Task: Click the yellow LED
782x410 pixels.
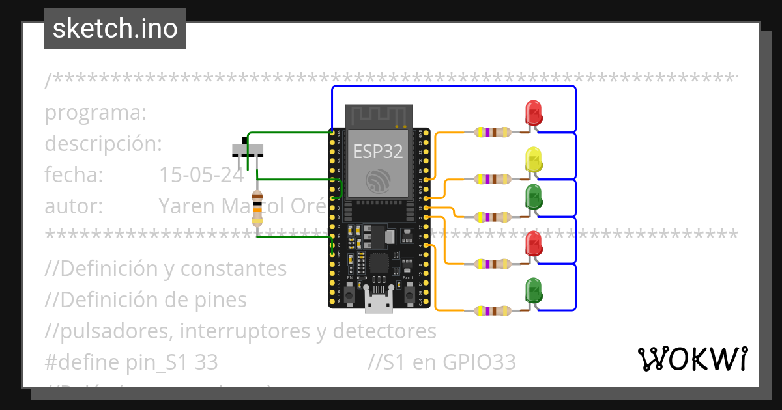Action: [x=533, y=160]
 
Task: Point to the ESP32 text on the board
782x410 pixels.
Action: [x=378, y=152]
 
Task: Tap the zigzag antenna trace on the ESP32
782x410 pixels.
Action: [x=378, y=117]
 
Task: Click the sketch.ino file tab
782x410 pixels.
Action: [x=115, y=29]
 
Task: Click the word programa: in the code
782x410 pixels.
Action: [x=96, y=113]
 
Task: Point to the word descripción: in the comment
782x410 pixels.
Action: [x=103, y=144]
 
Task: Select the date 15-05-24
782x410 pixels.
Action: [x=201, y=175]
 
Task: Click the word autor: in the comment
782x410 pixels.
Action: [x=74, y=206]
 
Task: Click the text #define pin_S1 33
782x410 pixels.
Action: [x=131, y=362]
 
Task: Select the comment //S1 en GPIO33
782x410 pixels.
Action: [x=441, y=362]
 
